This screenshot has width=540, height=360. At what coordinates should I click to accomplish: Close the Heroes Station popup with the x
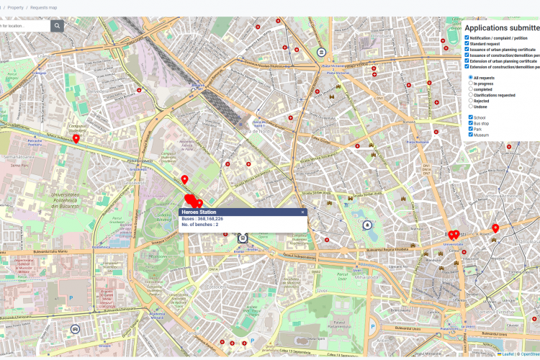302,212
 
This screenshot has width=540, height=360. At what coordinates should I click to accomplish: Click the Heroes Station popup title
199,212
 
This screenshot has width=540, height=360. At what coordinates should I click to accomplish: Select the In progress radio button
471,84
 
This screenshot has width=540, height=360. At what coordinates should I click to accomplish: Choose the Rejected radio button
471,101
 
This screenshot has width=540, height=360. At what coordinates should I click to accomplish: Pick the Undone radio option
471,107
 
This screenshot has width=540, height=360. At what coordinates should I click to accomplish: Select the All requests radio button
471,77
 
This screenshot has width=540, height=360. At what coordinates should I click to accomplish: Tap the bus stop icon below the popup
243,237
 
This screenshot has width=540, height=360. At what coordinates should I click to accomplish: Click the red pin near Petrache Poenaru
76,138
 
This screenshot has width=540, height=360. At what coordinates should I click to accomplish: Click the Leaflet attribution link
508,354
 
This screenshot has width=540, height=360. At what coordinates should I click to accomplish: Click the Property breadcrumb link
15,7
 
